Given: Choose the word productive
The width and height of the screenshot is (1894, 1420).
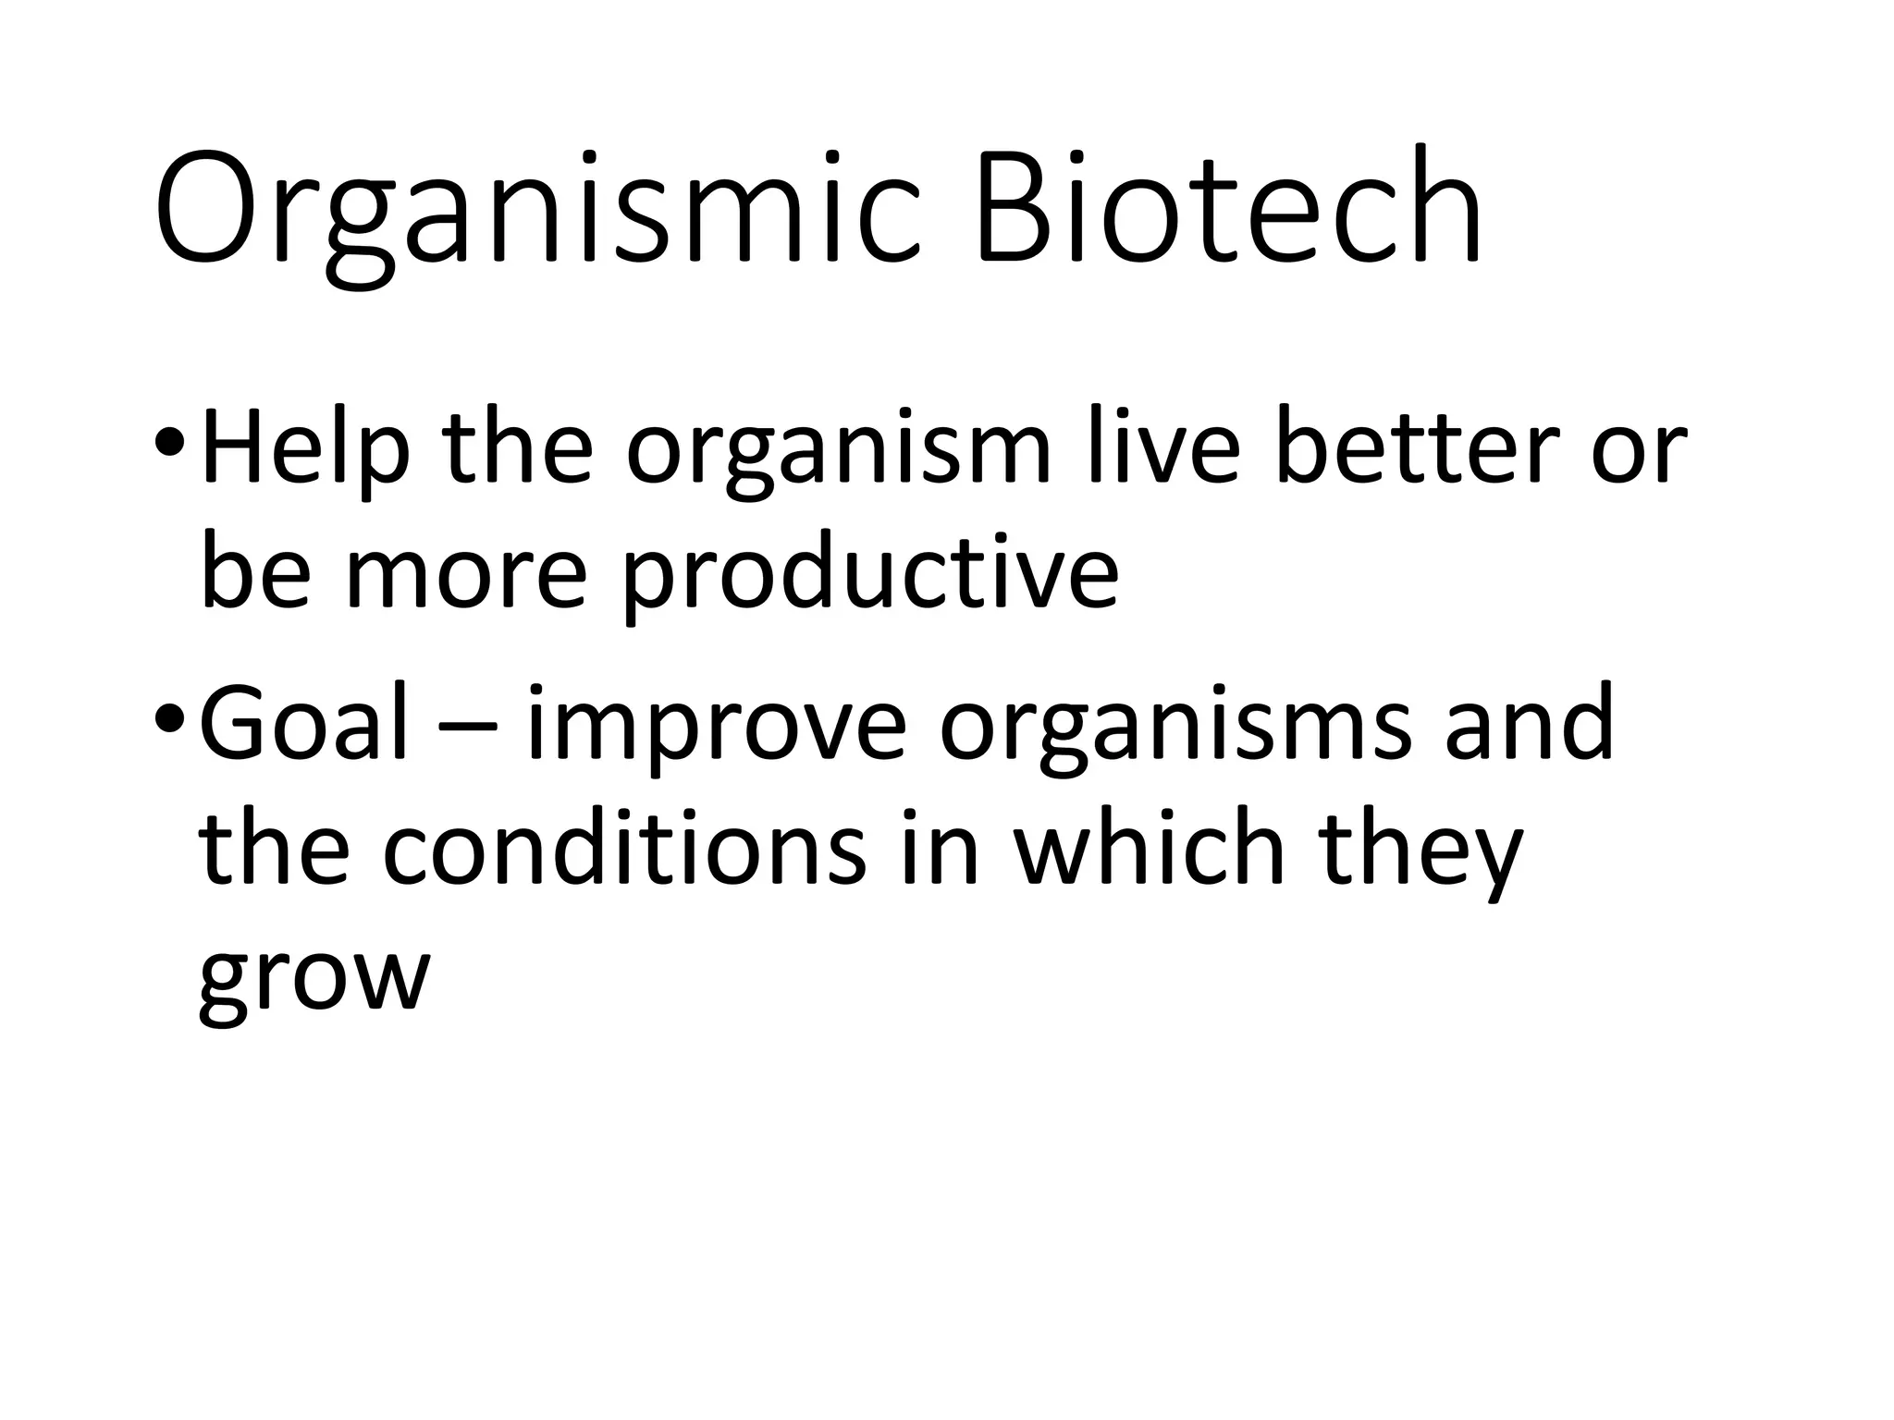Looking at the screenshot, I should click(869, 578).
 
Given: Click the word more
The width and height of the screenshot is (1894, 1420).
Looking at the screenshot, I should click(466, 578).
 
